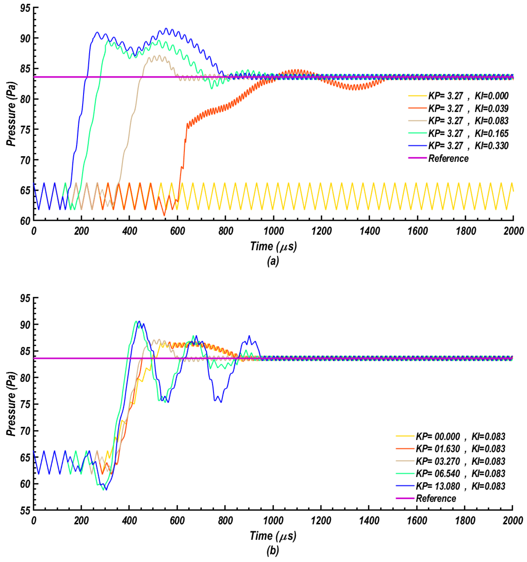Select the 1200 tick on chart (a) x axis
pyautogui.click(x=321, y=231)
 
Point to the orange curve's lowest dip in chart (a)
pyautogui.click(x=164, y=216)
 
